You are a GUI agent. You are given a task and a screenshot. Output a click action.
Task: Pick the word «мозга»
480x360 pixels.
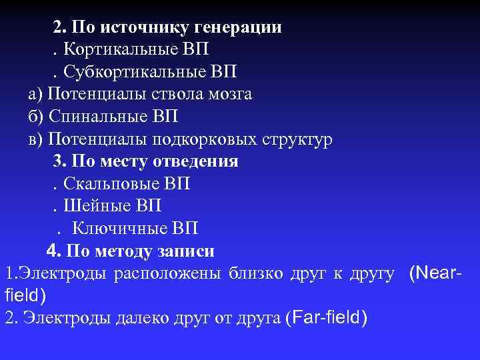[229, 94]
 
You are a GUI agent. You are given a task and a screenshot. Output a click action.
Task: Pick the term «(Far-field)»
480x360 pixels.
[325, 317]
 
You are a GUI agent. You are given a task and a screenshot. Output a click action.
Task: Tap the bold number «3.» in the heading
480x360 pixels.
[59, 161]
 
